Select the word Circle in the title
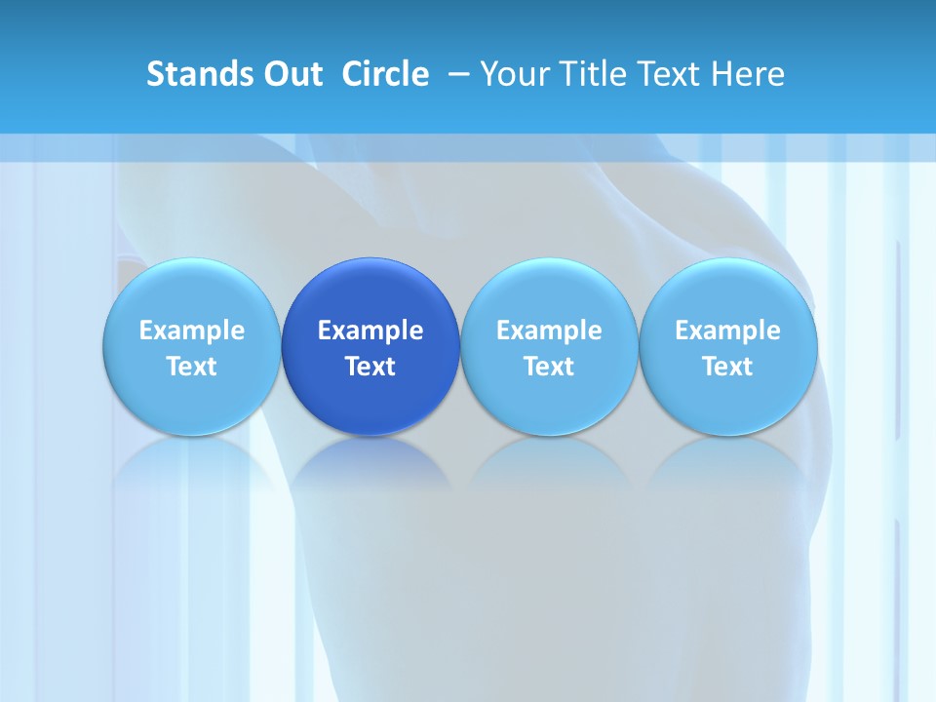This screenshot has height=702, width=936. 385,74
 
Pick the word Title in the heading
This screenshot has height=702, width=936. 588,74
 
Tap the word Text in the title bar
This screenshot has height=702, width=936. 667,74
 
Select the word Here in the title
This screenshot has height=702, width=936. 748,74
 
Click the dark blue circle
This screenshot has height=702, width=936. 370,346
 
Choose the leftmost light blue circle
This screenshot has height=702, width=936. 191,346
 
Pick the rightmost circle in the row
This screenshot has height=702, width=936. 728,346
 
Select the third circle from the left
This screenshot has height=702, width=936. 549,346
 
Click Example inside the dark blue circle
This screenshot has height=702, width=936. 370,331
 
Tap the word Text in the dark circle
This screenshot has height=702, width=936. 370,367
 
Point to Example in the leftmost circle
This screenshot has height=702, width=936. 191,331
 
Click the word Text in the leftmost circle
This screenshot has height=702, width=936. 191,367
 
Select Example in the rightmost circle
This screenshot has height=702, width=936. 728,331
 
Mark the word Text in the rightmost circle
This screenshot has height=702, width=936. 728,367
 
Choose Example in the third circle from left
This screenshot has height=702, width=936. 549,331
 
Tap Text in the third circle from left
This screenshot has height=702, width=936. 549,367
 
